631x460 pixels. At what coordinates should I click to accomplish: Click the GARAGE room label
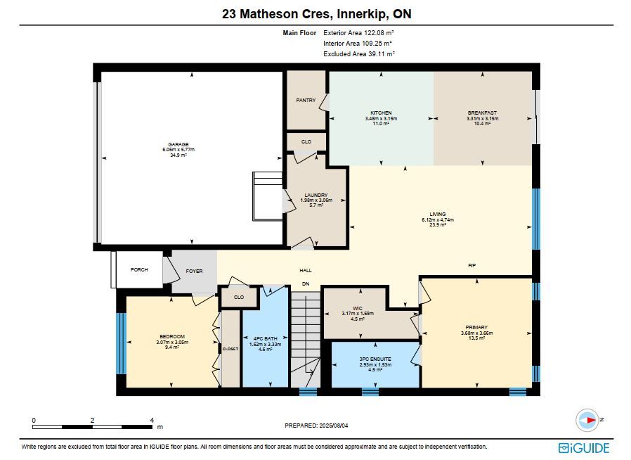coord(178,144)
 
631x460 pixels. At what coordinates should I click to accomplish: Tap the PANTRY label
coord(306,100)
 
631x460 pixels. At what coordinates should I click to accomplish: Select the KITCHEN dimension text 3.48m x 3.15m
coord(381,118)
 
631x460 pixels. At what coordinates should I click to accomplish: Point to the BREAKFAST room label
coord(482,113)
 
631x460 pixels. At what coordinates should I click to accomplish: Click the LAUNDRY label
coord(316,195)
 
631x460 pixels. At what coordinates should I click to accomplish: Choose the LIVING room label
coord(438,215)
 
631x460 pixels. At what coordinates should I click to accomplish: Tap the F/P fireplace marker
coord(472,265)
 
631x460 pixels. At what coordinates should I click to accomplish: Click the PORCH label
coord(139,269)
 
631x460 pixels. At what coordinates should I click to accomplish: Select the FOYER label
coord(194,271)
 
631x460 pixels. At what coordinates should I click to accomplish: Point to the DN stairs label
coord(306,283)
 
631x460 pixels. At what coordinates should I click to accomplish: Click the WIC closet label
coord(358,308)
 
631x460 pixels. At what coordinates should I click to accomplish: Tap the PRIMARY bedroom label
coord(476,328)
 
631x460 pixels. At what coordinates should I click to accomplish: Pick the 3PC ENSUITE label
coord(375,359)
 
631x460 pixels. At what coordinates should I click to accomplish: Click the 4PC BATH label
coord(265,339)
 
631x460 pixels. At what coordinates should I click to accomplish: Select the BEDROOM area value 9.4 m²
coord(172,347)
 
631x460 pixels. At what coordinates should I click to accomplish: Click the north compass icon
coord(587,420)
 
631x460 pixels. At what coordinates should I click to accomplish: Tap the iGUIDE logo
coord(584,448)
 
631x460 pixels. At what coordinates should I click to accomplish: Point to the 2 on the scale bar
coord(93,420)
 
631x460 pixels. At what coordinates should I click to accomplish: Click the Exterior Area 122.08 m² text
coord(358,32)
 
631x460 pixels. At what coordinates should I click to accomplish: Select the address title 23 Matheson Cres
coord(278,14)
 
